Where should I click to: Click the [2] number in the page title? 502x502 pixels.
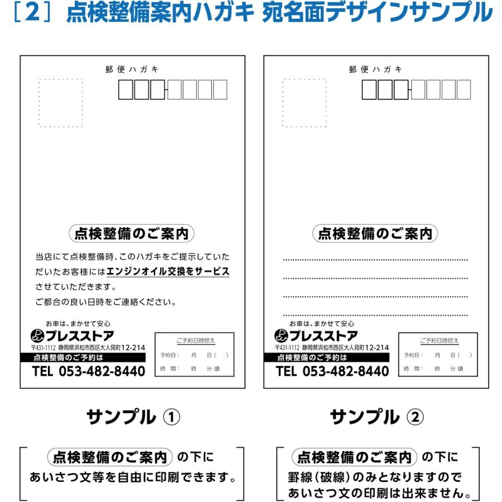(x=34, y=13)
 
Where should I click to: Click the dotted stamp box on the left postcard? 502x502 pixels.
(x=60, y=103)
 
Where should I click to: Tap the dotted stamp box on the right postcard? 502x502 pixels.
(x=304, y=103)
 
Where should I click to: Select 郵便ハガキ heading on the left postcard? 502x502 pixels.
(x=132, y=69)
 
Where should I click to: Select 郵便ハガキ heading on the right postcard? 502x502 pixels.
(x=375, y=69)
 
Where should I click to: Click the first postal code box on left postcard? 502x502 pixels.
(x=126, y=90)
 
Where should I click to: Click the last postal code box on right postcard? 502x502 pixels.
(x=463, y=90)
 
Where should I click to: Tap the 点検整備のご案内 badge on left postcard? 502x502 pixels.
(x=131, y=234)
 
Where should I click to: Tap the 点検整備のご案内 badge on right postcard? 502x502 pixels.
(x=375, y=234)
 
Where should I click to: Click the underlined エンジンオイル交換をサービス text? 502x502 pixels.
(x=168, y=272)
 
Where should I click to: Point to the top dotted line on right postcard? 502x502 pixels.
(x=375, y=260)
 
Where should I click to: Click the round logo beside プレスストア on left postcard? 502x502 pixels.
(x=38, y=336)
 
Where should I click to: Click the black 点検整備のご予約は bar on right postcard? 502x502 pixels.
(x=326, y=358)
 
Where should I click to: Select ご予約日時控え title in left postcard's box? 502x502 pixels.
(x=195, y=340)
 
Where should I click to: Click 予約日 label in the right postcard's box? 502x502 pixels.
(x=413, y=355)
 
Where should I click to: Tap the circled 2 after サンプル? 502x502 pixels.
(x=415, y=417)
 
